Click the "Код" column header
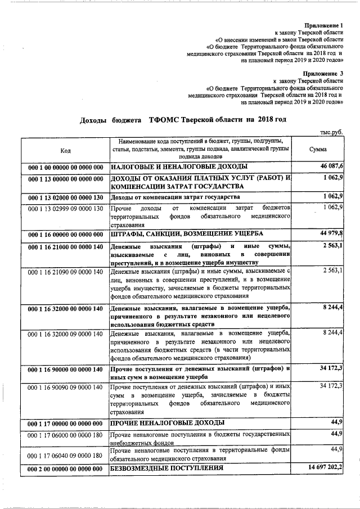pos(65,150)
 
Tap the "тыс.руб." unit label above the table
pos(331,132)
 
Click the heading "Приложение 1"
pos(323,26)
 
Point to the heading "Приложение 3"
pos(323,74)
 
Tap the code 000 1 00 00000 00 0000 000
pos(65,167)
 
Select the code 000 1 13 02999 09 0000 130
pos(65,209)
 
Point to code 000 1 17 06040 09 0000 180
pos(65,455)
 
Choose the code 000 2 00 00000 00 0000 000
pos(65,469)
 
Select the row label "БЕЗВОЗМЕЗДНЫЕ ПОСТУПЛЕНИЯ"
pos(166,468)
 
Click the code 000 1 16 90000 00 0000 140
pos(65,370)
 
